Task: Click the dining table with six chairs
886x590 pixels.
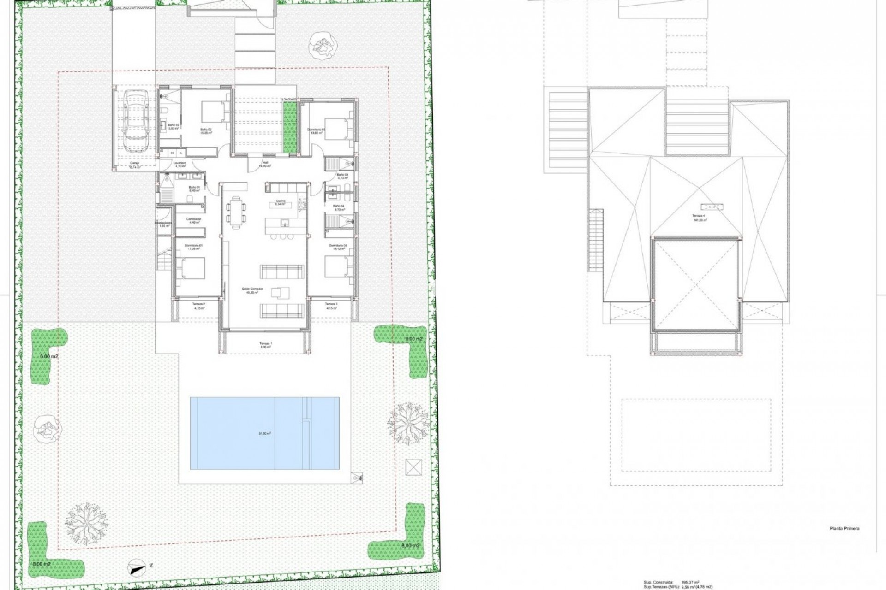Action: pyautogui.click(x=236, y=212)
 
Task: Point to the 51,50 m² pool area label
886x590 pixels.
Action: pyautogui.click(x=265, y=433)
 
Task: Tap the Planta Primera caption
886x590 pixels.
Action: pyautogui.click(x=844, y=529)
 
